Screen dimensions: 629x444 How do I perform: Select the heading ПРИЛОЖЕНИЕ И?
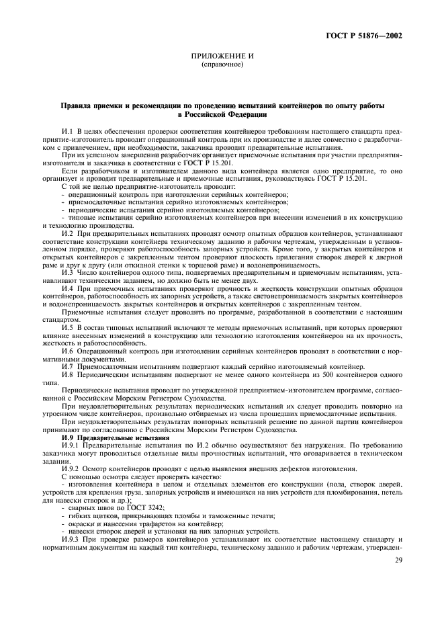point(222,58)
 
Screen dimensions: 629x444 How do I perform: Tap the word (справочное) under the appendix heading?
point(222,66)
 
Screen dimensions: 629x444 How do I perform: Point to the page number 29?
point(399,560)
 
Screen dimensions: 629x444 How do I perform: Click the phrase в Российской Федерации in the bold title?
point(222,116)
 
